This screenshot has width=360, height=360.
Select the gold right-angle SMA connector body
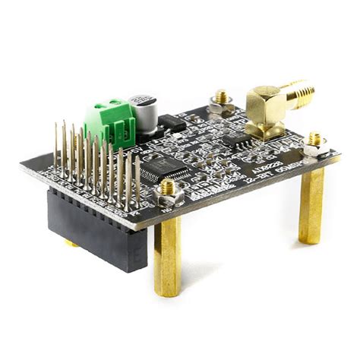click(x=266, y=110)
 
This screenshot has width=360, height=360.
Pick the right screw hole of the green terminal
click(x=118, y=106)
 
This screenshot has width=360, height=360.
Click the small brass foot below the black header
click(x=71, y=244)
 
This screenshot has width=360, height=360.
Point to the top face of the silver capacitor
click(x=144, y=101)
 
